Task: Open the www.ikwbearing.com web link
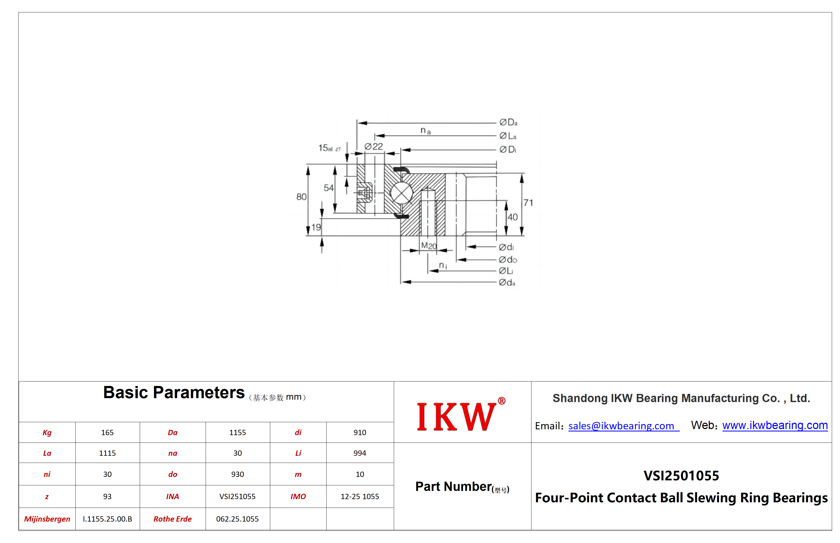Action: [775, 425]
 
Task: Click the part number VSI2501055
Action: [681, 476]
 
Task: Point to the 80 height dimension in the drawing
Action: [301, 197]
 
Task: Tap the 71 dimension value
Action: [528, 203]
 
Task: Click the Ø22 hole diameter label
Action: [374, 146]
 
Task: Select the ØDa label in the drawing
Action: [508, 122]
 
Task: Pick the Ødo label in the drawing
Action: [508, 260]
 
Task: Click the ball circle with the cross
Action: [401, 193]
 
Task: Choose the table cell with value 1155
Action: [238, 432]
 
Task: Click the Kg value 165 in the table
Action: [107, 432]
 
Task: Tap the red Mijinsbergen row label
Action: [47, 519]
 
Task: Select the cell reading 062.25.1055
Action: [238, 519]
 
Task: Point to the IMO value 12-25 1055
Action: [360, 496]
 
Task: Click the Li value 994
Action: [360, 453]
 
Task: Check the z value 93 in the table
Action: [107, 496]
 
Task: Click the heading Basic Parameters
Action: [174, 392]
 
